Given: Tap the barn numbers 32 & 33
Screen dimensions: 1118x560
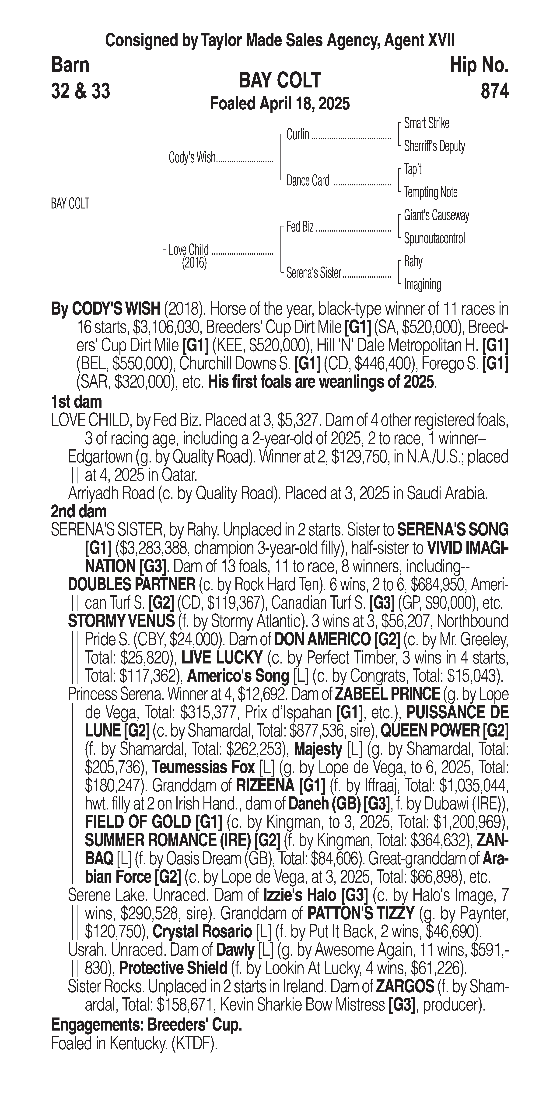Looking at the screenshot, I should [x=80, y=91].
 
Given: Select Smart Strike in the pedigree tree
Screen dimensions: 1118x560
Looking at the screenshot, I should [x=426, y=123].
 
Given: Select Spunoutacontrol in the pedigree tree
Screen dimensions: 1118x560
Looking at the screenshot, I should [x=434, y=238].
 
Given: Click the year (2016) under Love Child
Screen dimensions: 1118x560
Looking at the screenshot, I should [x=194, y=263].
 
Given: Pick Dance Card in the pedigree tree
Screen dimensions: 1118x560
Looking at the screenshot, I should [x=308, y=181].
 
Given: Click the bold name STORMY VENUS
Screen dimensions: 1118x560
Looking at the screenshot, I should [x=121, y=621].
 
